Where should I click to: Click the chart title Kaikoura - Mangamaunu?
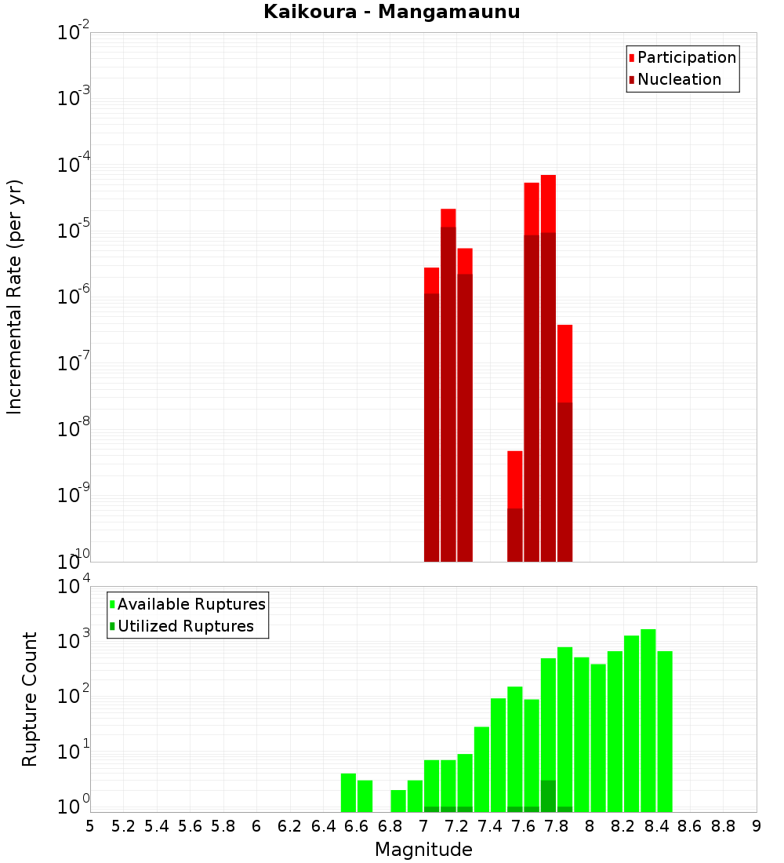click(x=391, y=12)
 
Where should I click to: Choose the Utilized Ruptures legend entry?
click(x=185, y=626)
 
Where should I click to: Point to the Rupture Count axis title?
click(x=30, y=699)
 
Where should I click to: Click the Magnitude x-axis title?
click(x=423, y=850)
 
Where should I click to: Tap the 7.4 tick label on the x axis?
click(x=490, y=826)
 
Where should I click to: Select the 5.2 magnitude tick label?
click(x=124, y=826)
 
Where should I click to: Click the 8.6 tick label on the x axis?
click(x=690, y=826)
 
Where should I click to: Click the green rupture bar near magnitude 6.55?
click(x=348, y=792)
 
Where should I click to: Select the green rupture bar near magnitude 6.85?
click(x=398, y=800)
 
